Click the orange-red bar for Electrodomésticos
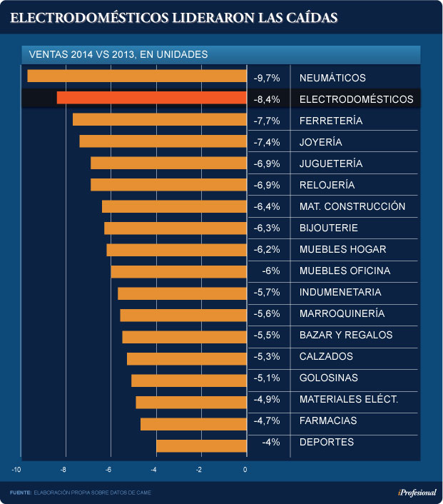coord(151,99)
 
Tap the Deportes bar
coord(201,445)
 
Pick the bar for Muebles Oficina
coord(178,271)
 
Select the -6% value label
coord(270,271)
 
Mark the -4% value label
coord(270,443)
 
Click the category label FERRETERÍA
coord(331,121)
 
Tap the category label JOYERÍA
coord(320,142)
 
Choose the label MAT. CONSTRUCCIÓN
coord(352,206)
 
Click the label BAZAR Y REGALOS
coord(346,335)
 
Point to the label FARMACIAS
coord(328,421)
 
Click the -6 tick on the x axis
coord(109,470)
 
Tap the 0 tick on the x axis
coord(245,470)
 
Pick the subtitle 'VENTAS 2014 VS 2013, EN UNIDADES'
coord(118,54)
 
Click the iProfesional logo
coord(416,493)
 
